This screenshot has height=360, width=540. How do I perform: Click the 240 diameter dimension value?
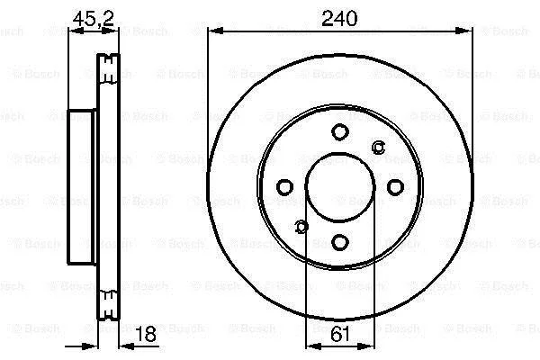click(339, 18)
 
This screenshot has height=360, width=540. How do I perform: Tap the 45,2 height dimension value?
click(93, 18)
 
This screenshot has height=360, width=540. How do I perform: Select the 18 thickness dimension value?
click(146, 334)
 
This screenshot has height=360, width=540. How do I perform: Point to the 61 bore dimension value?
click(340, 334)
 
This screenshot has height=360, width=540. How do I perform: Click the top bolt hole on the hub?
click(340, 131)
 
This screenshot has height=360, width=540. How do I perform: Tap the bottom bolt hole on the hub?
click(340, 242)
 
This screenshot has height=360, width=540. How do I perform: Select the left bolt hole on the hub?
click(284, 187)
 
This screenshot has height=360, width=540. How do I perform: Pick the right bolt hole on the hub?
click(395, 187)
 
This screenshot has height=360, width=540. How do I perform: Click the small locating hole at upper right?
click(379, 148)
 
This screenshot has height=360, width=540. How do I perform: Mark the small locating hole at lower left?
click(301, 227)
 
